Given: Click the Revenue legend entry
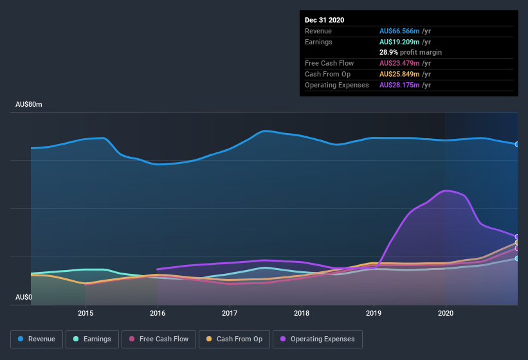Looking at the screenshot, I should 37,339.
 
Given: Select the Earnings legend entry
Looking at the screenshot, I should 92,339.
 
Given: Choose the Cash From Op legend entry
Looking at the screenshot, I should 234,339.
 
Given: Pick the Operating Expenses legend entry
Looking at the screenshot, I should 317,339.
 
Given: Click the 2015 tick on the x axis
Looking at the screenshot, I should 86,313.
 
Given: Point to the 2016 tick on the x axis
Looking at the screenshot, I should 158,313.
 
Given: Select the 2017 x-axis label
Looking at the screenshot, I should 230,313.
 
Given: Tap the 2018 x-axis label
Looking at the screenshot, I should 302,313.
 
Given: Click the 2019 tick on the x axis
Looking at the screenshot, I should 374,313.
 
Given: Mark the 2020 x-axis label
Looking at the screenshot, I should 446,313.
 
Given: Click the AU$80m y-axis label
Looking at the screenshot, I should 29,104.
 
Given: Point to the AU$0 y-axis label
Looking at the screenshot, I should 23,297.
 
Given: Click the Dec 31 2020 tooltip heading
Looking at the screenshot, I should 324,20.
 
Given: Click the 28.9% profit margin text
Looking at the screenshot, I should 410,52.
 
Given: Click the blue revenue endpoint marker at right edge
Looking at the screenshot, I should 517,144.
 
